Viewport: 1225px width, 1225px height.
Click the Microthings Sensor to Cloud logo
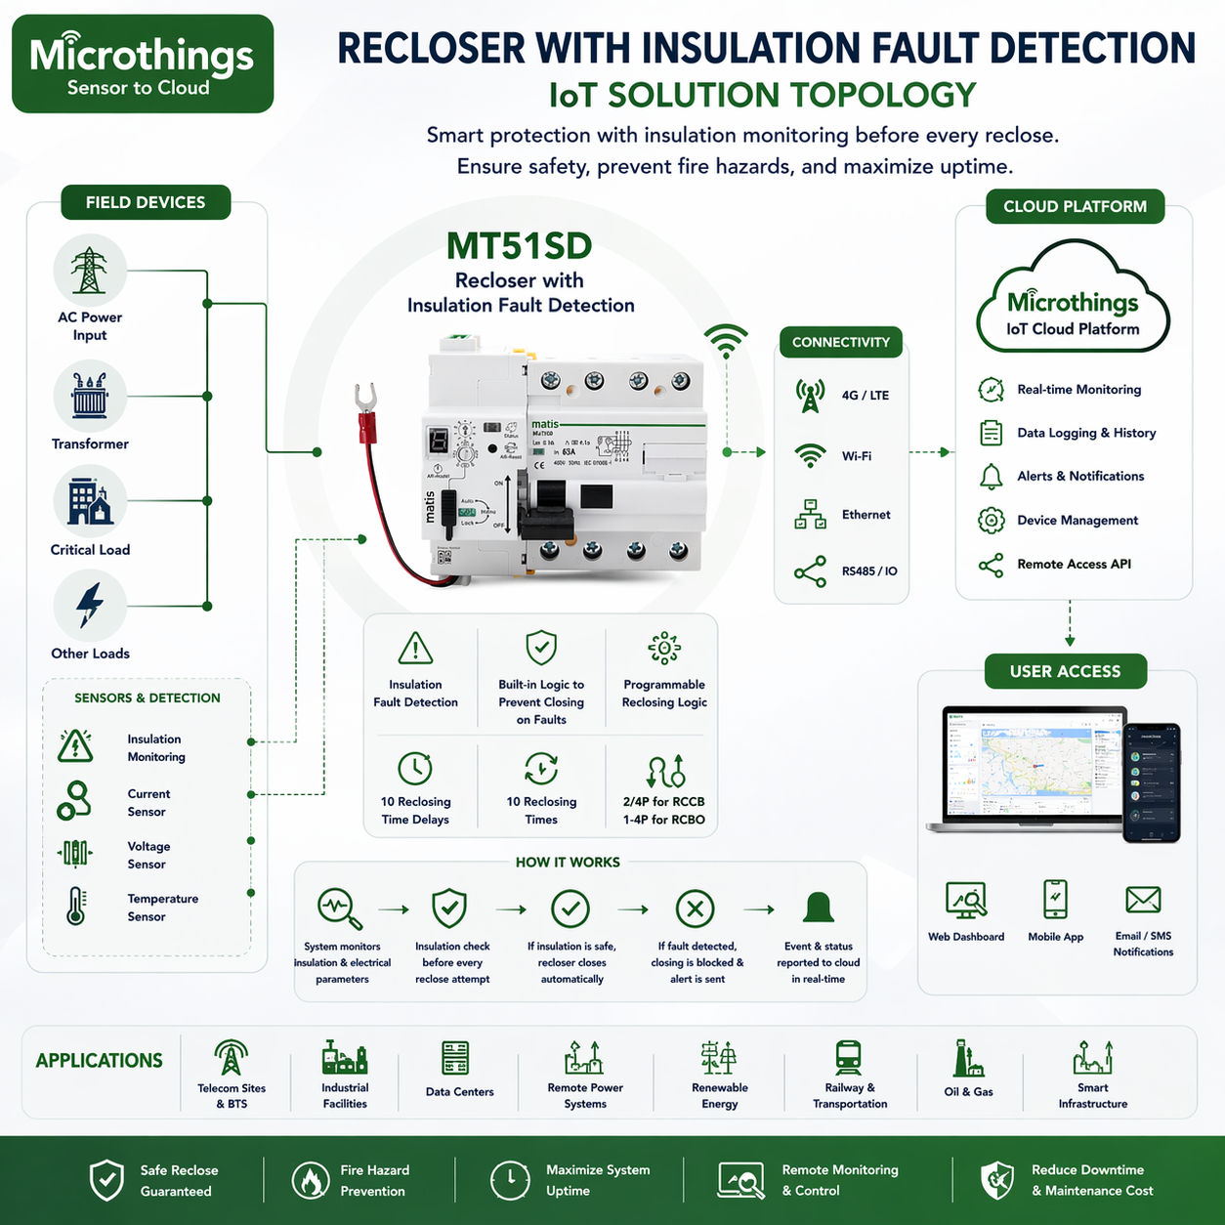coord(143,64)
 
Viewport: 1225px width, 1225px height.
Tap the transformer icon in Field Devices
coord(90,396)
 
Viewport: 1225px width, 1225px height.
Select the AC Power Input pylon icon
coord(90,271)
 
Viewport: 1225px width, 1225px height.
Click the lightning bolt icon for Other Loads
coord(90,606)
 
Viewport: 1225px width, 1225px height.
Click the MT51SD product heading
coord(520,246)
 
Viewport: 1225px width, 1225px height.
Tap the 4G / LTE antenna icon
coord(810,396)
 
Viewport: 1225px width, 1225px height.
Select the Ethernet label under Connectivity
coord(866,515)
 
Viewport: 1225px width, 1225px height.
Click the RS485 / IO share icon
coord(810,571)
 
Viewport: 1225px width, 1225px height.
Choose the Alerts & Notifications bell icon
coord(991,477)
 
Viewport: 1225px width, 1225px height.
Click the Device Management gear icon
coord(991,521)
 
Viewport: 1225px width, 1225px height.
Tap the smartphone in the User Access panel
coord(1152,782)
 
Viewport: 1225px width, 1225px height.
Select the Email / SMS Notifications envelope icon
coord(1143,900)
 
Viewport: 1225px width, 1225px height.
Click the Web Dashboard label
coord(965,937)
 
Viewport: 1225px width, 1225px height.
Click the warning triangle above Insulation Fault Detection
coord(415,648)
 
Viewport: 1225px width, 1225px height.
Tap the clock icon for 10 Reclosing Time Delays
coord(415,768)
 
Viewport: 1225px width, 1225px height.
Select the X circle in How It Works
coord(695,909)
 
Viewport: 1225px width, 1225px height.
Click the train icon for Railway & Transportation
coord(848,1058)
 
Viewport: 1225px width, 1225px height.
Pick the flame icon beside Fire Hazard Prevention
coord(311,1180)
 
